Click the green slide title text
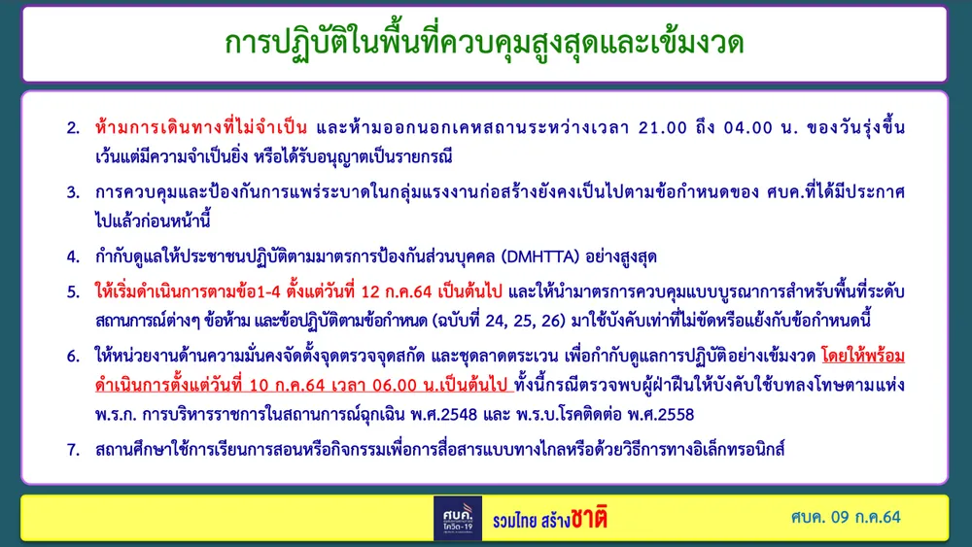coord(484,42)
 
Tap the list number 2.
coord(73,128)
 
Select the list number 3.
coord(73,192)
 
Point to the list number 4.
coord(73,256)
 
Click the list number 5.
coord(73,291)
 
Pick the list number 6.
coord(73,357)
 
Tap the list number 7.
coord(73,450)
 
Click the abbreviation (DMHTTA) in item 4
coord(539,256)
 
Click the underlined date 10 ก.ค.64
coord(288,386)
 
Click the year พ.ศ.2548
coord(444,415)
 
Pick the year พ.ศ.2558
coord(661,415)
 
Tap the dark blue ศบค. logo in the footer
coord(458,518)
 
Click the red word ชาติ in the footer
coord(589,518)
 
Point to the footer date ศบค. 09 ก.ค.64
coord(846,517)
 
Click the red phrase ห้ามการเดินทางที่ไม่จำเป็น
coord(201,127)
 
